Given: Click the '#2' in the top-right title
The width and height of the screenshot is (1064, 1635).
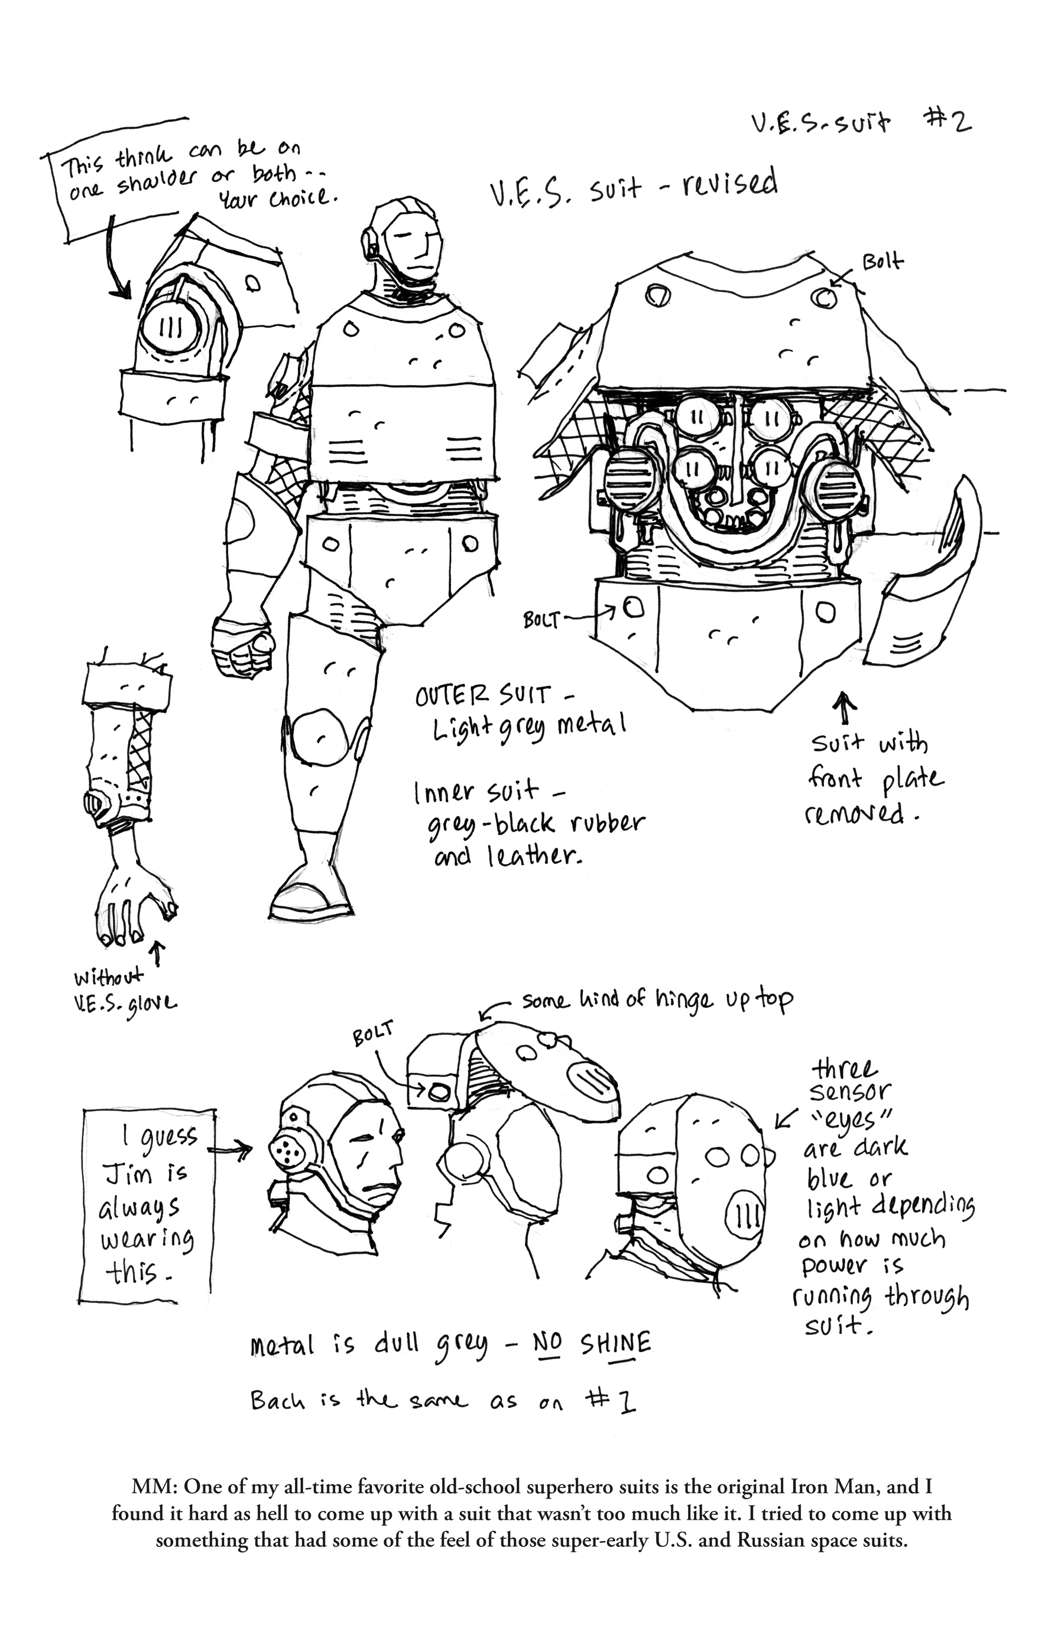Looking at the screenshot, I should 947,122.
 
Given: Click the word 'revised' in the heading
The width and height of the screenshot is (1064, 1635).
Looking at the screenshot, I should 730,184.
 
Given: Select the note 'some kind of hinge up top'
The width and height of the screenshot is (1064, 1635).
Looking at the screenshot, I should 656,1000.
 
